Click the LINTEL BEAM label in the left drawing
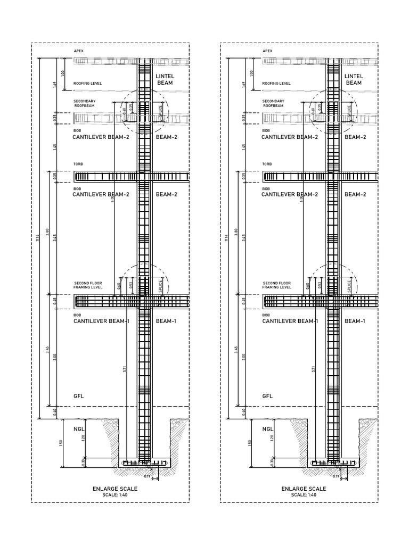coord(165,80)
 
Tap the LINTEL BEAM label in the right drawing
coord(354,80)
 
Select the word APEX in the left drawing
coord(78,51)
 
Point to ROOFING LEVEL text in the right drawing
coord(276,84)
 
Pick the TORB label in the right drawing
coord(267,164)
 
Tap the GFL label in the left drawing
coord(79,397)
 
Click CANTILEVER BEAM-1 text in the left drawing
coord(101,321)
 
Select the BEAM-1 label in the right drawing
coord(355,321)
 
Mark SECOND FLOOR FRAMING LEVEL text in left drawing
coord(88,285)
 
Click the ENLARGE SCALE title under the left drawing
coord(115,489)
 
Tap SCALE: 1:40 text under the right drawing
coord(304,495)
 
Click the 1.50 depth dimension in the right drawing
coord(249,442)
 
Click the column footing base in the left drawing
coord(145,463)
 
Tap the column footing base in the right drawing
coord(334,463)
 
